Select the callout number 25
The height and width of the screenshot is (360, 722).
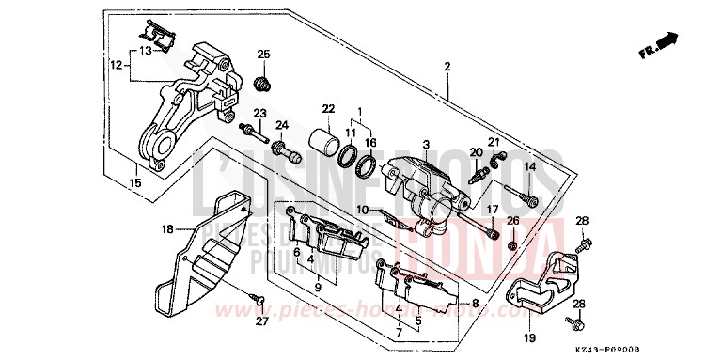pyautogui.click(x=263, y=54)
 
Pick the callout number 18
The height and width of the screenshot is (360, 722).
pyautogui.click(x=167, y=228)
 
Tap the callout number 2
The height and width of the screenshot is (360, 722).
pyautogui.click(x=447, y=67)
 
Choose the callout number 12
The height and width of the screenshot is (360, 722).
pyautogui.click(x=117, y=66)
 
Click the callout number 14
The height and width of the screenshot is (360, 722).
pyautogui.click(x=529, y=166)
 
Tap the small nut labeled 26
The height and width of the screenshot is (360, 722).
pyautogui.click(x=513, y=245)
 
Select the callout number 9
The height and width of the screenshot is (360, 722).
pyautogui.click(x=318, y=287)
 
